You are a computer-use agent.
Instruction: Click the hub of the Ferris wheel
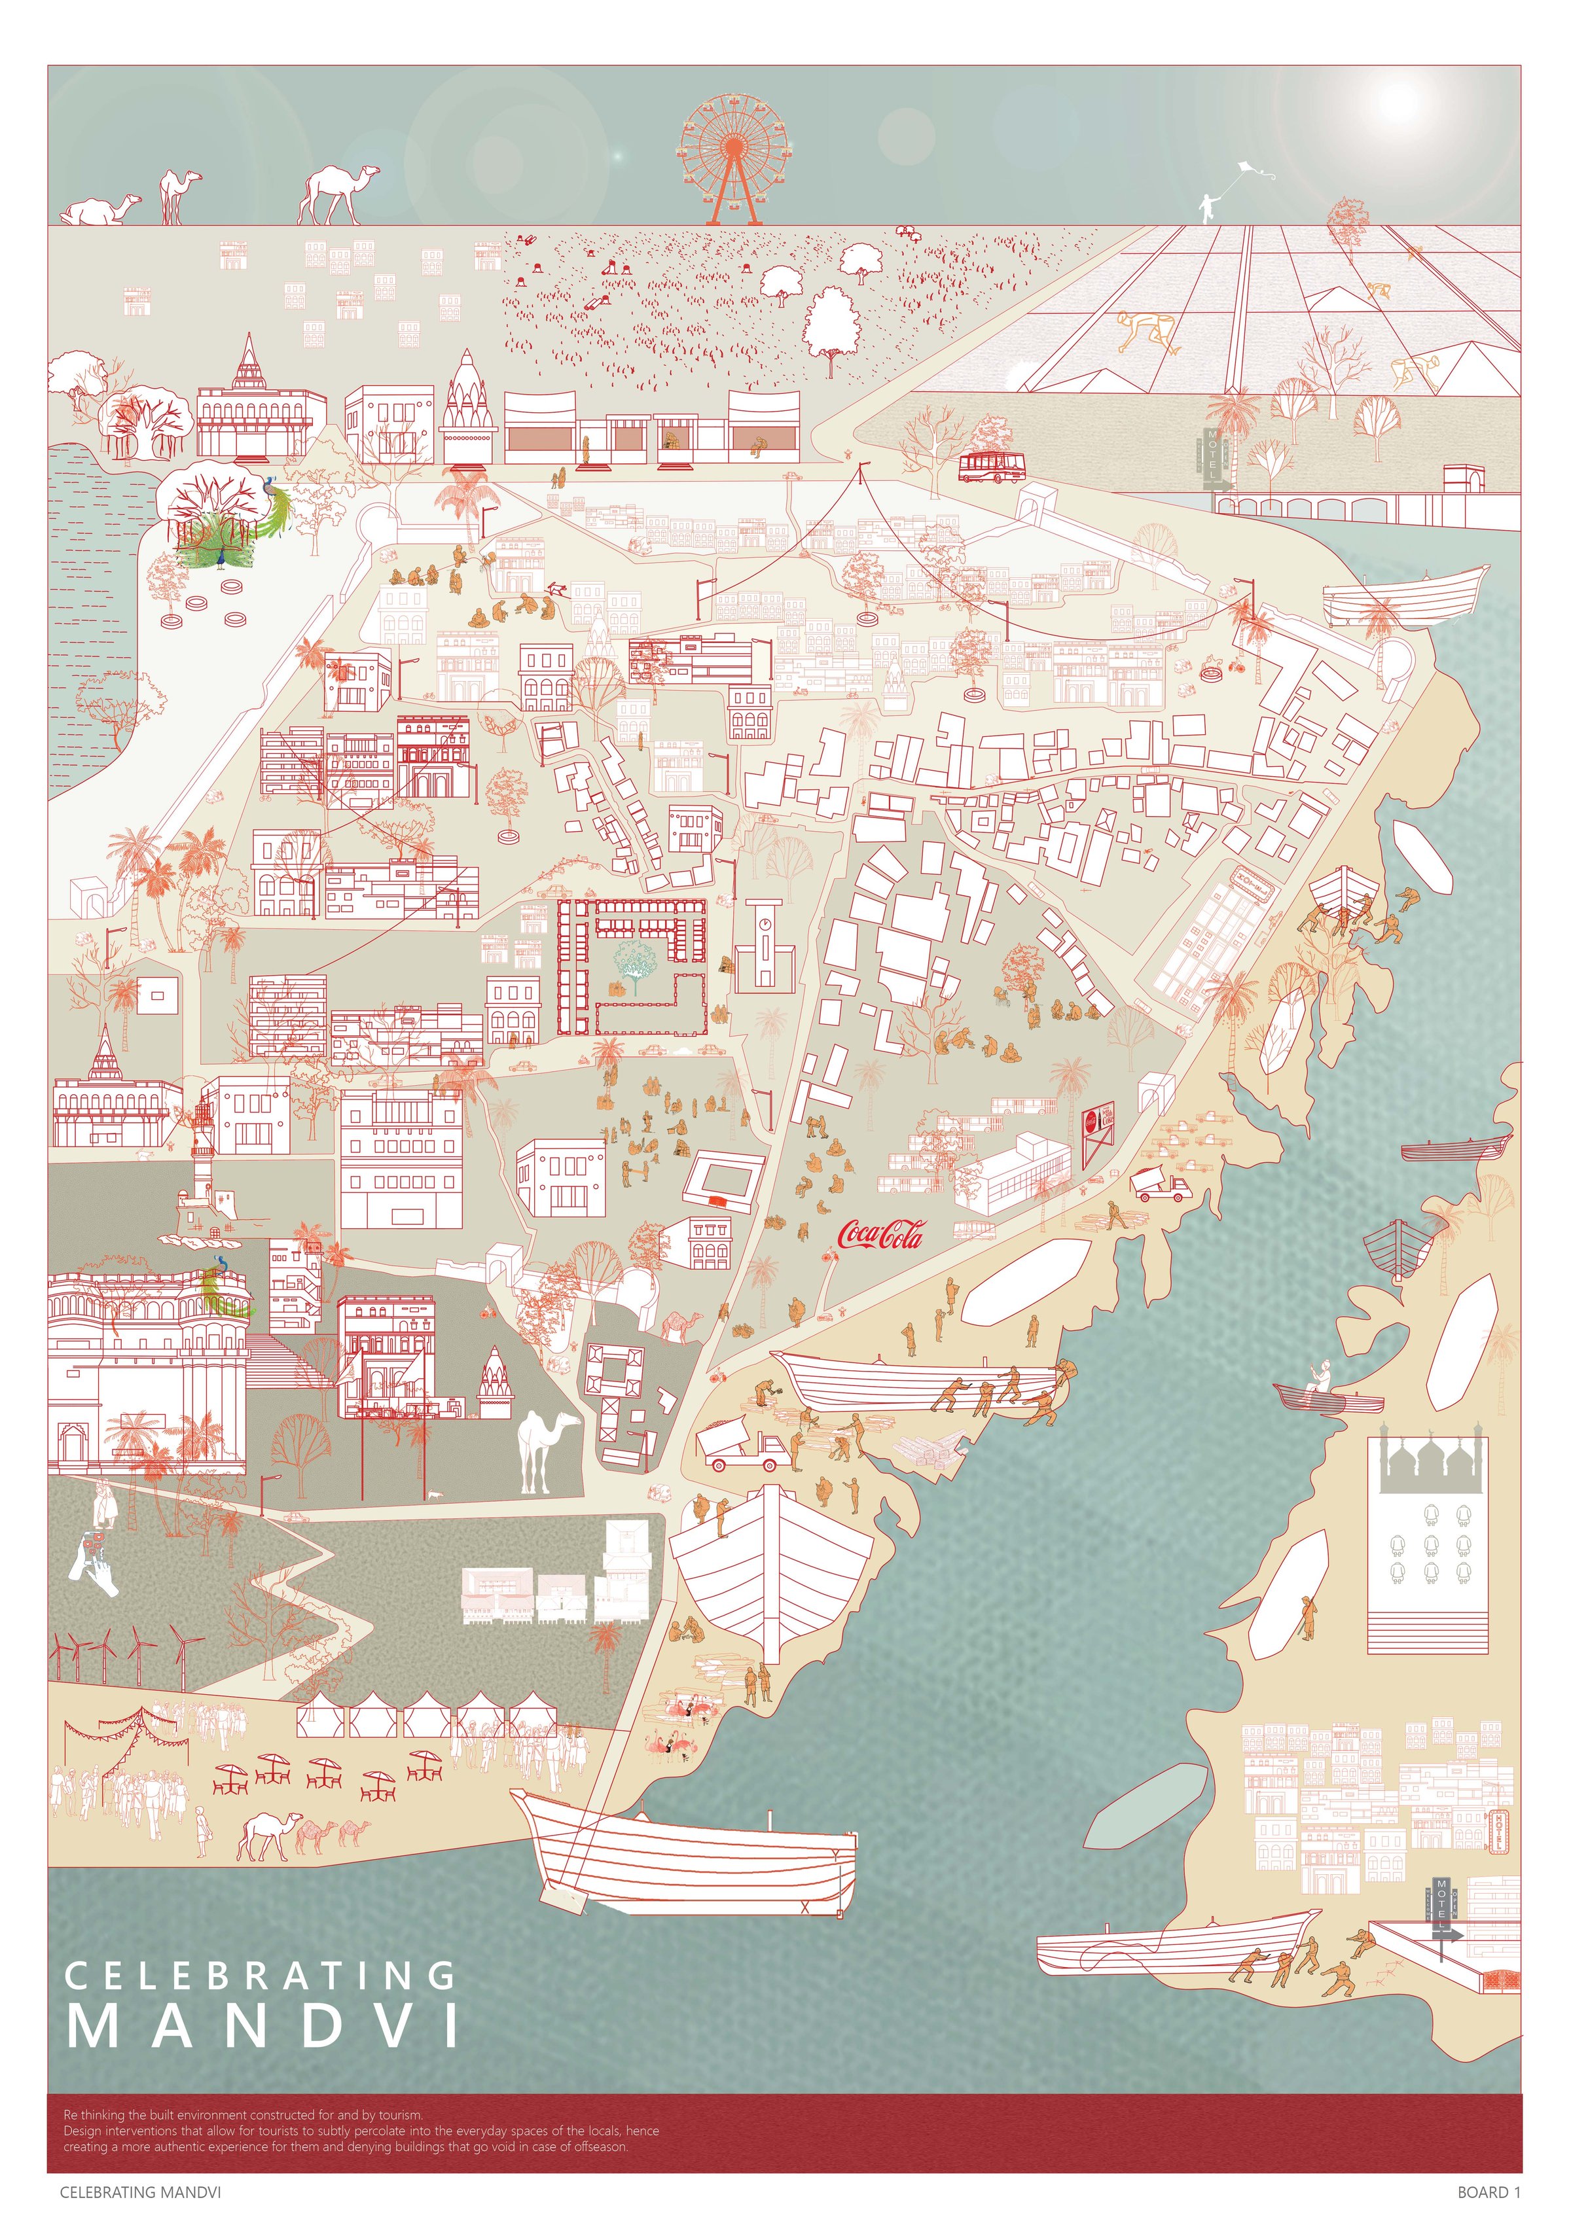pos(733,146)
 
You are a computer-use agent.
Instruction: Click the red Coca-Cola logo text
pos(879,1234)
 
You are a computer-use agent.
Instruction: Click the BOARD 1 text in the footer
pos(1489,2192)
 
